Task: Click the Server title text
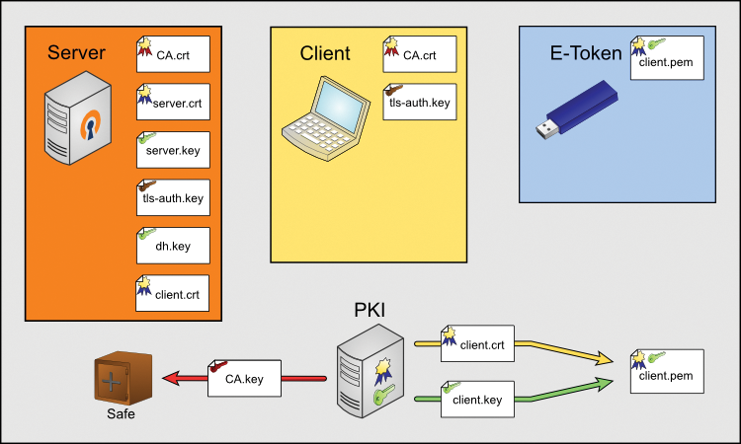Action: click(x=76, y=52)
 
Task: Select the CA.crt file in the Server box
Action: click(x=173, y=53)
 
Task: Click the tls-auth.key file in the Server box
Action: click(x=173, y=197)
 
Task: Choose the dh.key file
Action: click(x=173, y=245)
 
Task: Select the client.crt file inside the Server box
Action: click(x=173, y=293)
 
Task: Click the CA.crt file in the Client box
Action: click(x=420, y=53)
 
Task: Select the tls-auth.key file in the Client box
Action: click(x=420, y=102)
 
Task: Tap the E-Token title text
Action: click(x=586, y=53)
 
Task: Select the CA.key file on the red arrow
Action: click(x=244, y=377)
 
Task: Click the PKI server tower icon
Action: click(x=370, y=370)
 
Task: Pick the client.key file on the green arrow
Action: click(x=478, y=400)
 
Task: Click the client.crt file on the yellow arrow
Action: click(x=478, y=343)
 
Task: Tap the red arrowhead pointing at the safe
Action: click(x=170, y=378)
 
